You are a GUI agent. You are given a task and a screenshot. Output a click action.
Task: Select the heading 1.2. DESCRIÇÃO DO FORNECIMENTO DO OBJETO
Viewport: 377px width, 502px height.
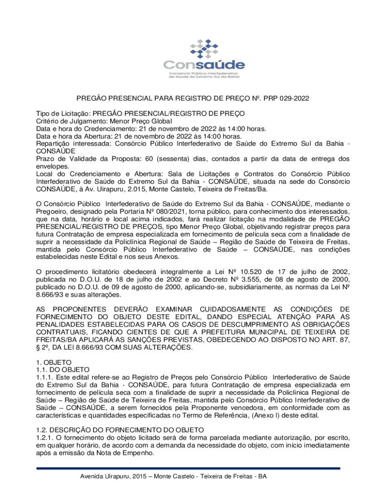point(120,430)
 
